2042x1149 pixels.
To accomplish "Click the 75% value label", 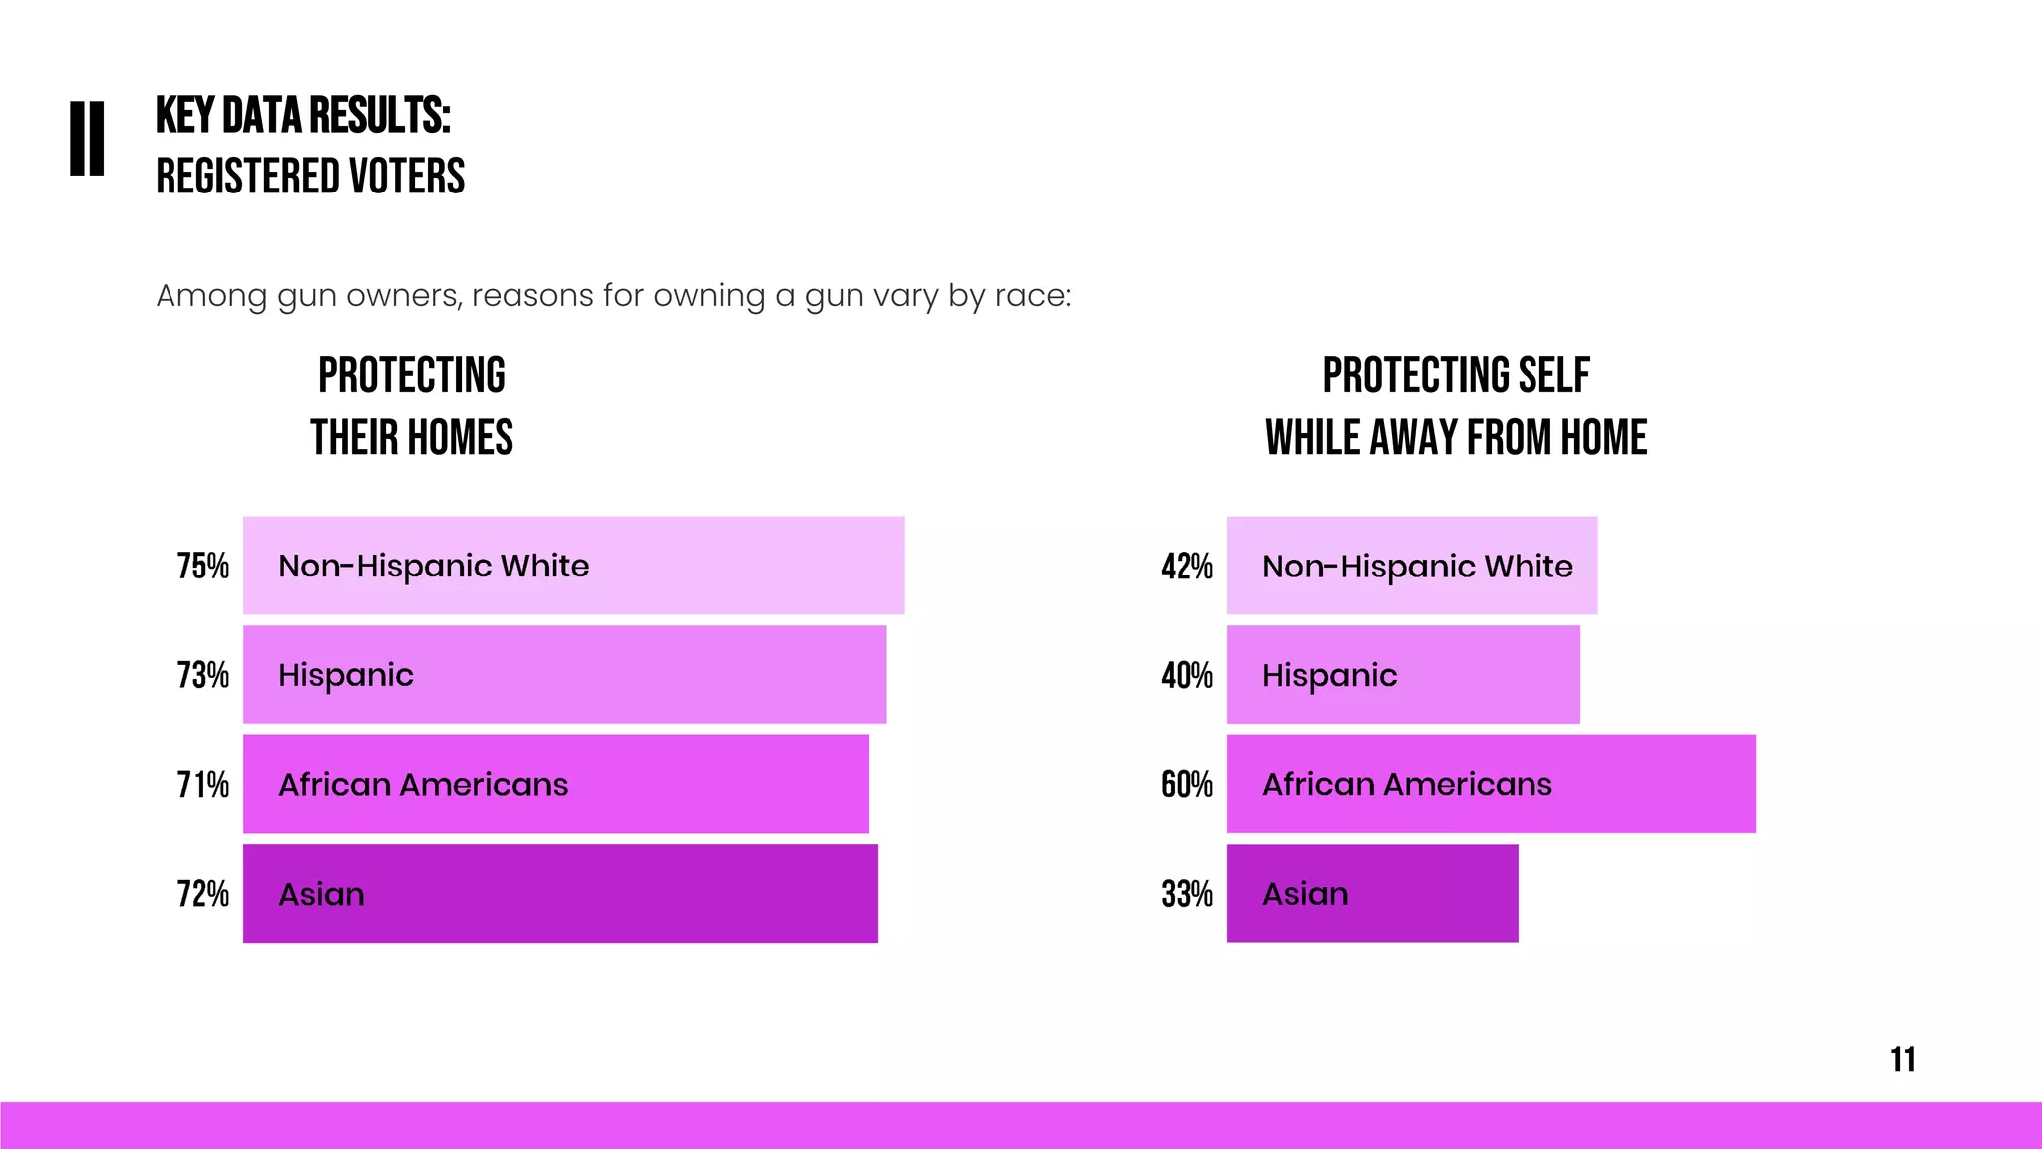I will click(x=203, y=567).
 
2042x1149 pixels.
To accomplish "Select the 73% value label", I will click(x=203, y=675).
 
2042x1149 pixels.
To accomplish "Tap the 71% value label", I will click(x=203, y=785).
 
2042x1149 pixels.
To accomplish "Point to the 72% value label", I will click(x=203, y=894).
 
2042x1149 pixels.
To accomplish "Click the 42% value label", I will click(x=1187, y=567).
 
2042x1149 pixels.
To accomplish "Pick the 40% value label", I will click(x=1187, y=675).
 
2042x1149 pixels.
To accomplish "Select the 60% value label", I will click(x=1187, y=785).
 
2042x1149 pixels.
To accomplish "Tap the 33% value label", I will click(x=1187, y=894).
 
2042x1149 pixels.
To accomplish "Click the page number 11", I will click(x=1902, y=1059).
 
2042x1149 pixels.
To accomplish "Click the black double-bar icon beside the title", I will click(x=87, y=139).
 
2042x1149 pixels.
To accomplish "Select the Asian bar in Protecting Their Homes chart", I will click(x=560, y=894).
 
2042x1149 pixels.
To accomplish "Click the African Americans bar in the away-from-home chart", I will click(x=1491, y=784).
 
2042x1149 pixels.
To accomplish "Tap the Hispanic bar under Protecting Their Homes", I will click(x=564, y=675).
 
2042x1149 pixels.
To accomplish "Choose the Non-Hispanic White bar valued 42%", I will click(x=1412, y=566).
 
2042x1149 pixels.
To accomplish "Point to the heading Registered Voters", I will click(x=310, y=177).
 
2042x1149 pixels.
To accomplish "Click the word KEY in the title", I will click(x=184, y=116).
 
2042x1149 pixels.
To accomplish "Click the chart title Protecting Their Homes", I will click(x=411, y=406).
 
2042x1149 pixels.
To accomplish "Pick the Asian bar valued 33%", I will click(x=1372, y=894).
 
